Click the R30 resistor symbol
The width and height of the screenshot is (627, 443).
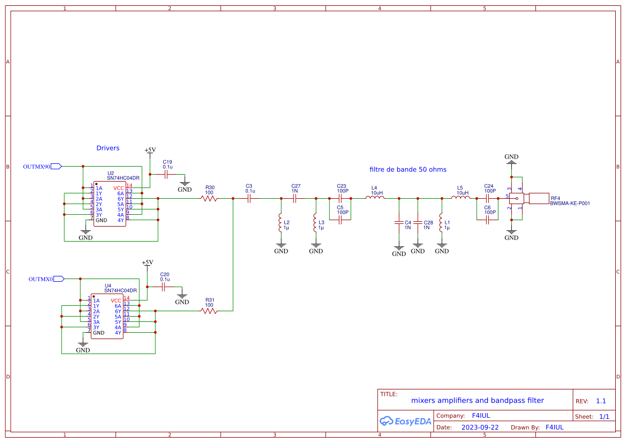pyautogui.click(x=209, y=198)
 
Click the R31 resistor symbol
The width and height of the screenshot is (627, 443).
pyautogui.click(x=209, y=311)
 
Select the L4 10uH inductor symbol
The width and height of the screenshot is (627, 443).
pyautogui.click(x=374, y=198)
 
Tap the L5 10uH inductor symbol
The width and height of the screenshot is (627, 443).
pyautogui.click(x=460, y=198)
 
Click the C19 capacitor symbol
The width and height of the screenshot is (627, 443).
pyautogui.click(x=166, y=174)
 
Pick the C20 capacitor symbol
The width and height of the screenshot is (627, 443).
pyautogui.click(x=164, y=287)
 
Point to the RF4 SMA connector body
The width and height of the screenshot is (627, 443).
pyautogui.click(x=538, y=198)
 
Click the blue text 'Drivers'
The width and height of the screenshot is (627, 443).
pyautogui.click(x=108, y=148)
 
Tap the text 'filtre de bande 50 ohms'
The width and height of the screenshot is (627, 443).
pyautogui.click(x=407, y=169)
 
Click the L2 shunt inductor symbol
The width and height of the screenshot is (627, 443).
pyautogui.click(x=280, y=222)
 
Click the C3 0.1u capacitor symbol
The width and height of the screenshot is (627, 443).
pyautogui.click(x=249, y=198)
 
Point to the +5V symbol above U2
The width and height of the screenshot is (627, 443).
pyautogui.click(x=150, y=151)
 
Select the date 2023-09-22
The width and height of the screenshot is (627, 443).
pyautogui.click(x=480, y=427)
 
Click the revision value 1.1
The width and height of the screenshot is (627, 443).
pyautogui.click(x=601, y=401)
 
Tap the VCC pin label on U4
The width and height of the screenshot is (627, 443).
pyautogui.click(x=116, y=301)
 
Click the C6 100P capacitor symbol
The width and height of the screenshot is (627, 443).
pyautogui.click(x=487, y=220)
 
